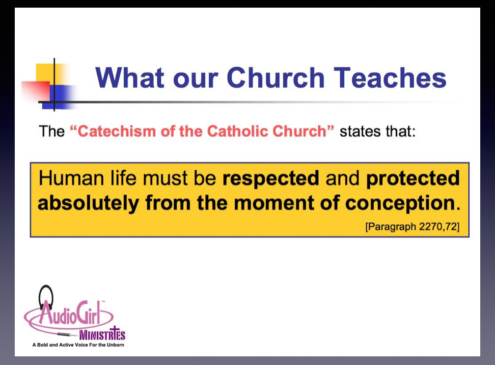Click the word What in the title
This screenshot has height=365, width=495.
click(x=130, y=77)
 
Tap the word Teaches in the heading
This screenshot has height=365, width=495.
click(x=390, y=77)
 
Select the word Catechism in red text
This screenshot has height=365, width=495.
click(x=113, y=131)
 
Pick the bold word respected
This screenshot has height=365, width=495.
click(x=271, y=178)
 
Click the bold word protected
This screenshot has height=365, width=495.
click(x=413, y=178)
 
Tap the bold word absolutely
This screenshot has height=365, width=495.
click(x=89, y=203)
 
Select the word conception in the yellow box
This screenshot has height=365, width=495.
click(x=400, y=203)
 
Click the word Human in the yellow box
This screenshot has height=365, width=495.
click(x=71, y=178)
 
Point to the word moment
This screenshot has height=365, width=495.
click(x=273, y=203)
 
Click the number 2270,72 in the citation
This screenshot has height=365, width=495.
click(x=437, y=226)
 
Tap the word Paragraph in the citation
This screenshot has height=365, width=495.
click(x=392, y=227)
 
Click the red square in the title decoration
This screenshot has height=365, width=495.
click(x=36, y=91)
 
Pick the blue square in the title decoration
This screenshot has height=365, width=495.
click(x=59, y=97)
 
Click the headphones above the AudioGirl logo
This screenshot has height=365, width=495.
click(x=46, y=296)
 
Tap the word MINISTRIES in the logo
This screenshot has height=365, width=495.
click(x=102, y=334)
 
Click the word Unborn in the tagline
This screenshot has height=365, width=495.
click(x=115, y=345)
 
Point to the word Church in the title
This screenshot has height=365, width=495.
click(x=276, y=77)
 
